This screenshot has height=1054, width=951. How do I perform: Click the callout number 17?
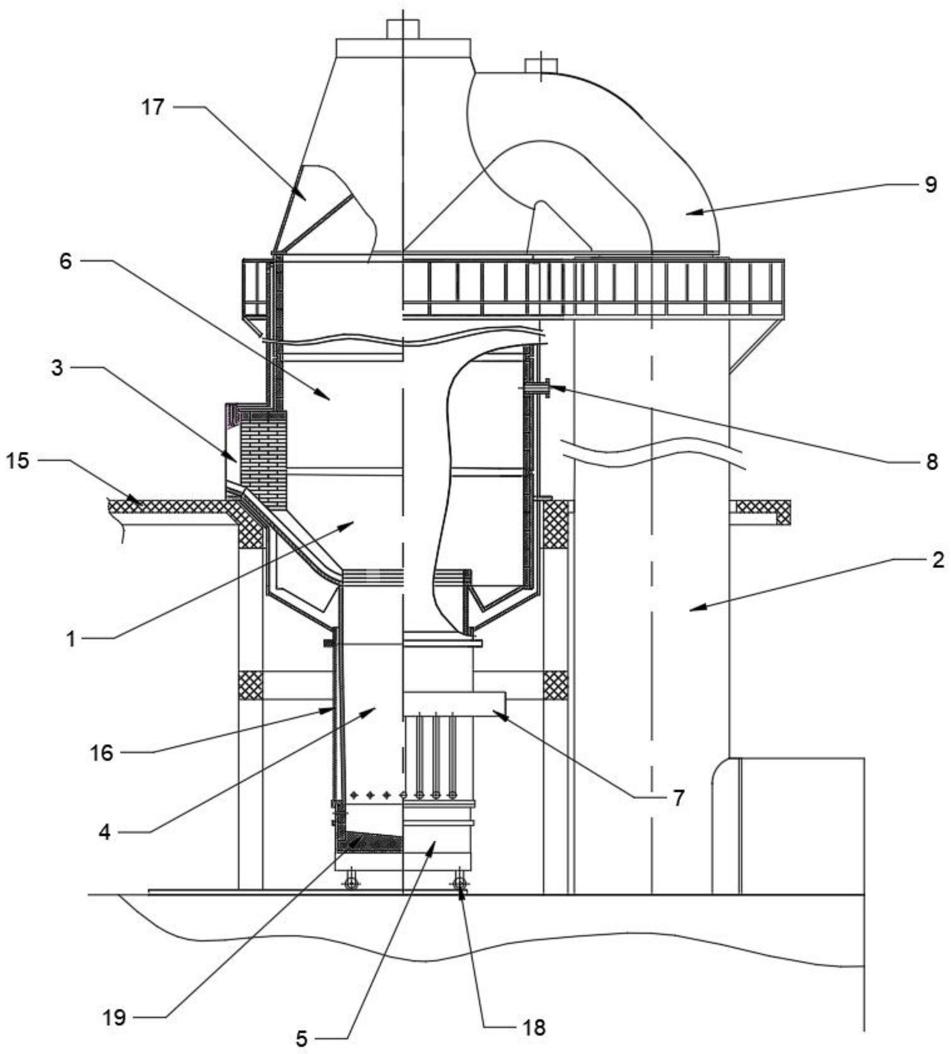click(153, 108)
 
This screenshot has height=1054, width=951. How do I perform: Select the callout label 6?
click(66, 261)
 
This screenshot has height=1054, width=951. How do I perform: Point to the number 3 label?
click(58, 368)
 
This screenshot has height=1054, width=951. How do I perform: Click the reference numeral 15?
click(18, 461)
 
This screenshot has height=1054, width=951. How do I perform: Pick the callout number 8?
click(932, 462)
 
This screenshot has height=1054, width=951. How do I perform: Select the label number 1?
click(71, 639)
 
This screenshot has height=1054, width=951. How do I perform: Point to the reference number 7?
click(678, 798)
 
